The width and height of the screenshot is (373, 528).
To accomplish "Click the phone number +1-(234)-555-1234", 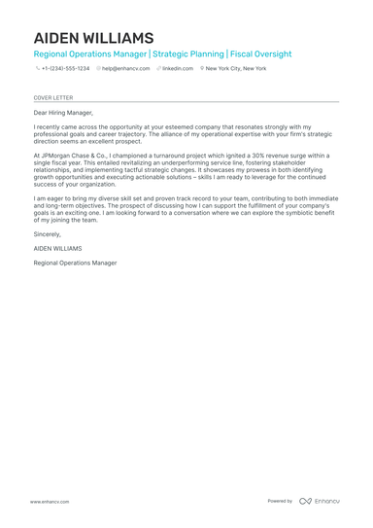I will coord(65,69).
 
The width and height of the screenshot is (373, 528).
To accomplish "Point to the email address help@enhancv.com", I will coord(126,69).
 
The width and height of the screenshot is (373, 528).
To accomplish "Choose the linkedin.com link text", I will coord(178,69).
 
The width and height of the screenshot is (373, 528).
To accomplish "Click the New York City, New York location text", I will coord(236,69).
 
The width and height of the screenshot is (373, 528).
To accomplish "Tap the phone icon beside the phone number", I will coord(37,69).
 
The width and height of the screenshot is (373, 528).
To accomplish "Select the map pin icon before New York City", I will coord(202,69).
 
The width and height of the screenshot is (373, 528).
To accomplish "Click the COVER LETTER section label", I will coord(52,98).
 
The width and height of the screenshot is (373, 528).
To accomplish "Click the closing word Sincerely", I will coord(47,234).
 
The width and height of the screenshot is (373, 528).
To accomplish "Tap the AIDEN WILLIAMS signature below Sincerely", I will coord(57,248).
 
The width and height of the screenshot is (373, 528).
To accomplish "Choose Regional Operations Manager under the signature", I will coord(75,263).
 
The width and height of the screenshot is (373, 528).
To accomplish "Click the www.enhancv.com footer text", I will coord(49,501).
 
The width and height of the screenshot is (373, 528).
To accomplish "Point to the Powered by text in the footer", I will coord(280,501).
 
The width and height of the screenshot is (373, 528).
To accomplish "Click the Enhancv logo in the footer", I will coord(320,501).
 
